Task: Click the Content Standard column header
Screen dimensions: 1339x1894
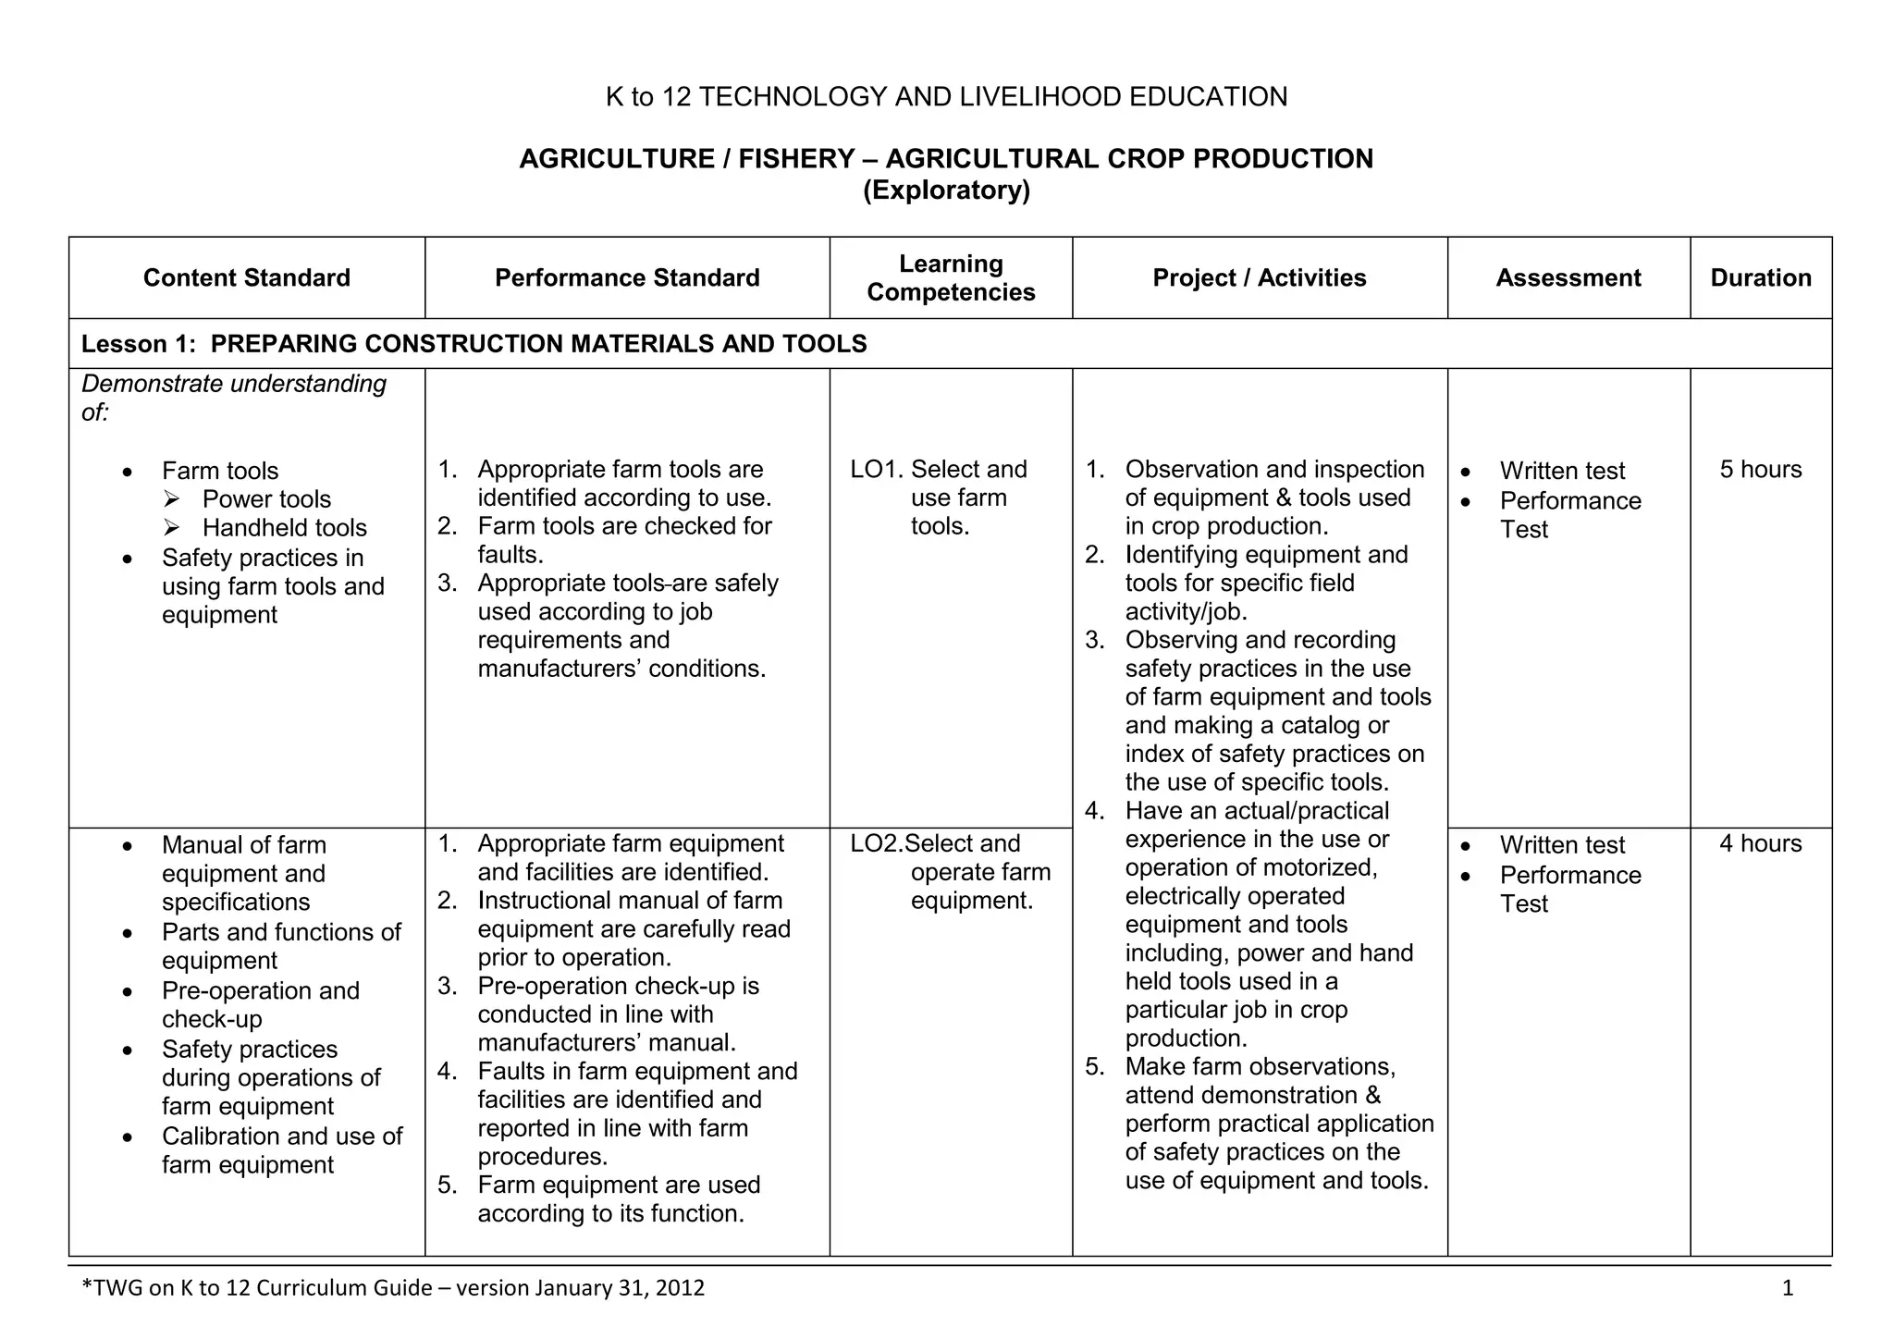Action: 246,277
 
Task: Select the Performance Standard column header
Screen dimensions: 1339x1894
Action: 627,277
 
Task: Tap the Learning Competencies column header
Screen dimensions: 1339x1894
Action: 951,277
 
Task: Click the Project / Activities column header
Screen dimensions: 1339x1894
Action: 1259,277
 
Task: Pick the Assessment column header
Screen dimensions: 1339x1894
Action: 1568,277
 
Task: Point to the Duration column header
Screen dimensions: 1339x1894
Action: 1760,277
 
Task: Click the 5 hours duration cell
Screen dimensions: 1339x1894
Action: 1760,470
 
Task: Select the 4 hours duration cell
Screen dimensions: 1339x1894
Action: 1760,843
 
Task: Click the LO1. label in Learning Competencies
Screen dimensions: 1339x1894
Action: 876,470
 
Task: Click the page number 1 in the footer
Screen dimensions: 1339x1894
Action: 1787,1288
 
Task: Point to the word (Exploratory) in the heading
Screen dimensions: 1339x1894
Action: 946,190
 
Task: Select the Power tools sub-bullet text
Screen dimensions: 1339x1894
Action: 266,499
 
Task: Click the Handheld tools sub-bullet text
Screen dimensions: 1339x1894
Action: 284,528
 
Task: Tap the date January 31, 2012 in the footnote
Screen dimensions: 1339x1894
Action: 619,1288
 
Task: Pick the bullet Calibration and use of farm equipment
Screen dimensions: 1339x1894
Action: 281,1150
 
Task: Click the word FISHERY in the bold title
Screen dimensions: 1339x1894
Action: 795,159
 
